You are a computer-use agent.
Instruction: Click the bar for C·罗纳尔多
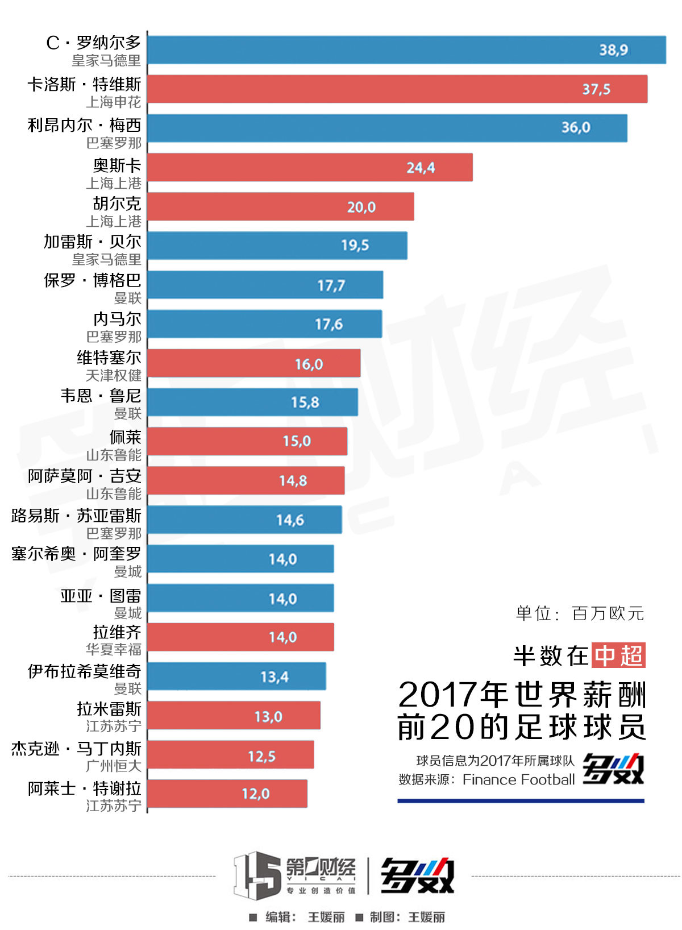[x=406, y=50]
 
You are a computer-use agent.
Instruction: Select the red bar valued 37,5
[x=397, y=89]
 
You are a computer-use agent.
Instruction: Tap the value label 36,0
[x=576, y=127]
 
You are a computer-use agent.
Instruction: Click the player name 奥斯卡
[x=117, y=165]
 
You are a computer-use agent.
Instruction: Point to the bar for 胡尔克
[x=280, y=206]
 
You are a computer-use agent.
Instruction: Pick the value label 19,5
[x=355, y=245]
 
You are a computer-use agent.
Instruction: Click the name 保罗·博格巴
[x=93, y=280]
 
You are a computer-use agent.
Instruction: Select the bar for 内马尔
[x=264, y=324]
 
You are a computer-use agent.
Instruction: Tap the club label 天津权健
[x=114, y=375]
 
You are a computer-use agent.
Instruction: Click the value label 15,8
[x=305, y=402]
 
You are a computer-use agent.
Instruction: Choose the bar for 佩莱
[x=247, y=441]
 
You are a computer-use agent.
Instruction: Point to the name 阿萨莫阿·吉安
[x=85, y=476]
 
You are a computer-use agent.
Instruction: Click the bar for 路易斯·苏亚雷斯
[x=244, y=520]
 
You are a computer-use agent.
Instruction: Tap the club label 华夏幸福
[x=114, y=649]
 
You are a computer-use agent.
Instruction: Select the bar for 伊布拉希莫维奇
[x=236, y=676]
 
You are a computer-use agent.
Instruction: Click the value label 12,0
[x=256, y=794]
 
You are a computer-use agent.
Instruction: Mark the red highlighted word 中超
[x=618, y=655]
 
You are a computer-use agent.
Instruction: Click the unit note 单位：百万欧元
[x=580, y=613]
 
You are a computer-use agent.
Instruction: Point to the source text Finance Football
[x=518, y=779]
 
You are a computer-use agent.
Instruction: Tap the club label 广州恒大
[x=114, y=766]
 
